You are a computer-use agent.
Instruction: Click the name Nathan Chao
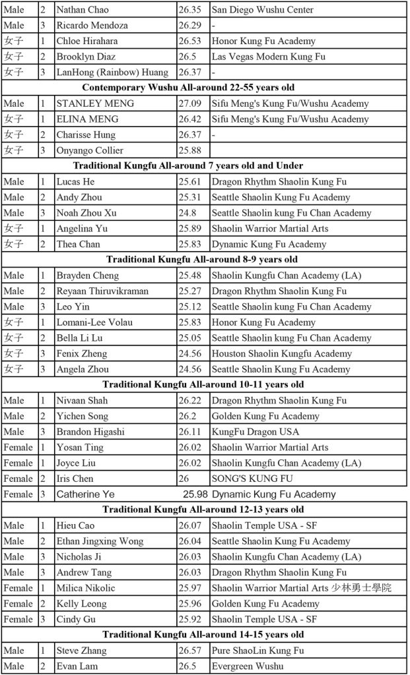83,10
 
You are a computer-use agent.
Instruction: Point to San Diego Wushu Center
262,10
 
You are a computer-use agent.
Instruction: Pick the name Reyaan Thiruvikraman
102,291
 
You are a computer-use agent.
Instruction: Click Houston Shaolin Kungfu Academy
282,353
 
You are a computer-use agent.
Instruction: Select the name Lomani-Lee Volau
94,322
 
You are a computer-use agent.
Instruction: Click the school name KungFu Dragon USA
255,432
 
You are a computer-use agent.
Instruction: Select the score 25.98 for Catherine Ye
196,494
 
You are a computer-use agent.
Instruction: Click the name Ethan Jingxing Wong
100,541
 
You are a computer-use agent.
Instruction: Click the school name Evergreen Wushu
248,666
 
